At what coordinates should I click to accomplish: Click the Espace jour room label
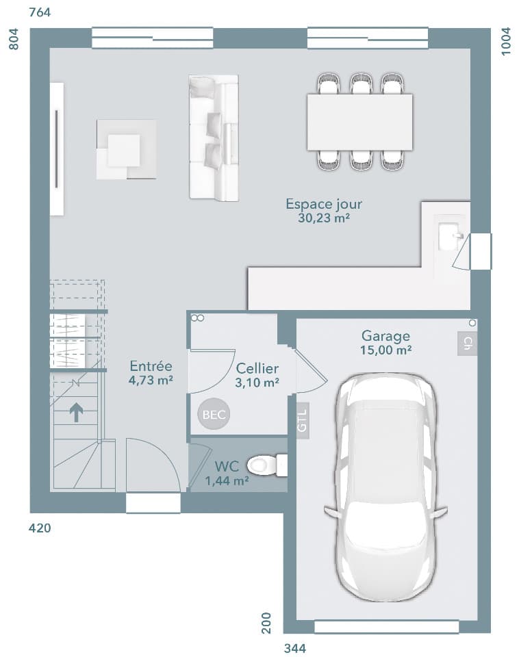coord(324,204)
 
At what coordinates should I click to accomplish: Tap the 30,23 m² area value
coord(324,218)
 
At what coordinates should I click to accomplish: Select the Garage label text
coord(385,336)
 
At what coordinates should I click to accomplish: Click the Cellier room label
coord(257,370)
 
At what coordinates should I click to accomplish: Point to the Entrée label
coord(151,367)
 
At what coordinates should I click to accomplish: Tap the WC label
coord(226,467)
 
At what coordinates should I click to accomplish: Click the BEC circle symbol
coord(213,414)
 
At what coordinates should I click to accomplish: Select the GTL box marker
coord(303,418)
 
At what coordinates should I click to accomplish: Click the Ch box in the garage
coord(467,343)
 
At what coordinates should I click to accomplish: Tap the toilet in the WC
coord(267,466)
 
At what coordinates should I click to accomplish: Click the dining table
coord(359,122)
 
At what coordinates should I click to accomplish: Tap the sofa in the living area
coord(214,138)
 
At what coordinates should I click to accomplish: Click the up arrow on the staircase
coord(76,411)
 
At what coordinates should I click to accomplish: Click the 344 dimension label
coord(294,647)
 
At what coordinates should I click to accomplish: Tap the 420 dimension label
coord(40,528)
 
